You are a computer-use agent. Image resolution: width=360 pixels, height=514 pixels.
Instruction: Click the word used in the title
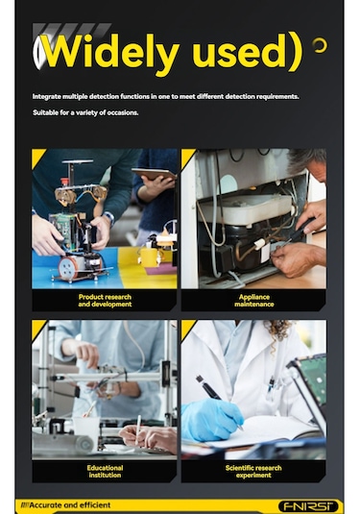(x=235, y=55)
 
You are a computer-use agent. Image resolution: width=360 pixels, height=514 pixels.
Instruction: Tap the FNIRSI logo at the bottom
(x=308, y=505)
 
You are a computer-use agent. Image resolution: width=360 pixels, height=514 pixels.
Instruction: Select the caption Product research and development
(x=105, y=301)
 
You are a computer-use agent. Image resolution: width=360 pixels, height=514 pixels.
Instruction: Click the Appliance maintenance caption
(x=253, y=301)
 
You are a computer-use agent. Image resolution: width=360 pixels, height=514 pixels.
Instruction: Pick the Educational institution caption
(x=105, y=471)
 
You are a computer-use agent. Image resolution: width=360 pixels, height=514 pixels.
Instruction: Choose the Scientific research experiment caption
(x=253, y=471)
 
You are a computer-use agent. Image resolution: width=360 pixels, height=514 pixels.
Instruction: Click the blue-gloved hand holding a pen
(x=212, y=418)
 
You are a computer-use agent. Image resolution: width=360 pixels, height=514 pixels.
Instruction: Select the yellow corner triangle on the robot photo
(x=37, y=156)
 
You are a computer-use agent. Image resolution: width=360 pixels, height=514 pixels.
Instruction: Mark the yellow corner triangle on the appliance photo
(x=187, y=156)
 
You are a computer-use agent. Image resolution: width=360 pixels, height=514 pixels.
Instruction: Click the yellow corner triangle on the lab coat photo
(x=187, y=327)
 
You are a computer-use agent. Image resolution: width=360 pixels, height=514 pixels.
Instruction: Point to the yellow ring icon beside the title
(x=320, y=45)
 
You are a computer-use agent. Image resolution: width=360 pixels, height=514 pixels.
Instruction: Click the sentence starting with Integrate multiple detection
(x=179, y=97)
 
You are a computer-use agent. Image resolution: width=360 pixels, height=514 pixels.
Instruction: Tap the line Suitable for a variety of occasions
(x=85, y=113)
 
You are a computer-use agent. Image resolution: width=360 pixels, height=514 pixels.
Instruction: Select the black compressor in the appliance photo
(x=240, y=255)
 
